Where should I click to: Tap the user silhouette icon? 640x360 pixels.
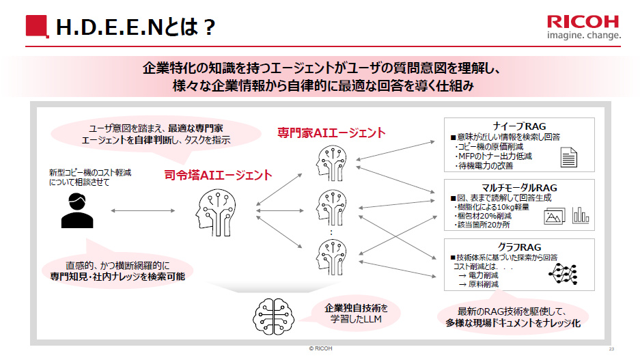coord(76,210)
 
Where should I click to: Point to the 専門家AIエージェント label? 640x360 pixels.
coord(331,133)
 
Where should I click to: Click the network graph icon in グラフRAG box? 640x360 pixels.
coord(565,273)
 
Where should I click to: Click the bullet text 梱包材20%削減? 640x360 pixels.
coord(482,216)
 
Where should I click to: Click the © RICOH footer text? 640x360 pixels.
coord(320,349)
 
